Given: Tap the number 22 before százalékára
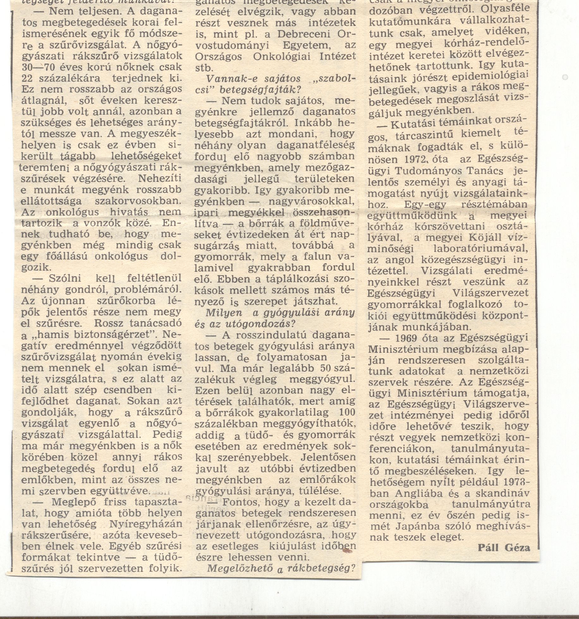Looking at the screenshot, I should click(28, 78).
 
